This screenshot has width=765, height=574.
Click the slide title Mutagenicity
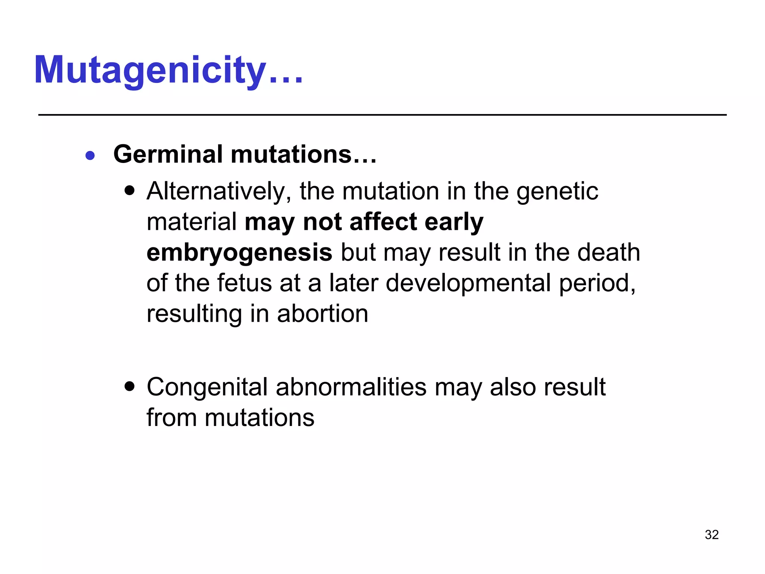168,70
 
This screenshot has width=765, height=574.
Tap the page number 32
712,535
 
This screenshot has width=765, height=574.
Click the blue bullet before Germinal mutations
90,155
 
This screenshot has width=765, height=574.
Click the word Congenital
207,387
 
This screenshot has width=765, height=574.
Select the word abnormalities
351,387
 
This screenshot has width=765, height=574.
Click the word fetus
244,283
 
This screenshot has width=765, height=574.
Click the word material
192,222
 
